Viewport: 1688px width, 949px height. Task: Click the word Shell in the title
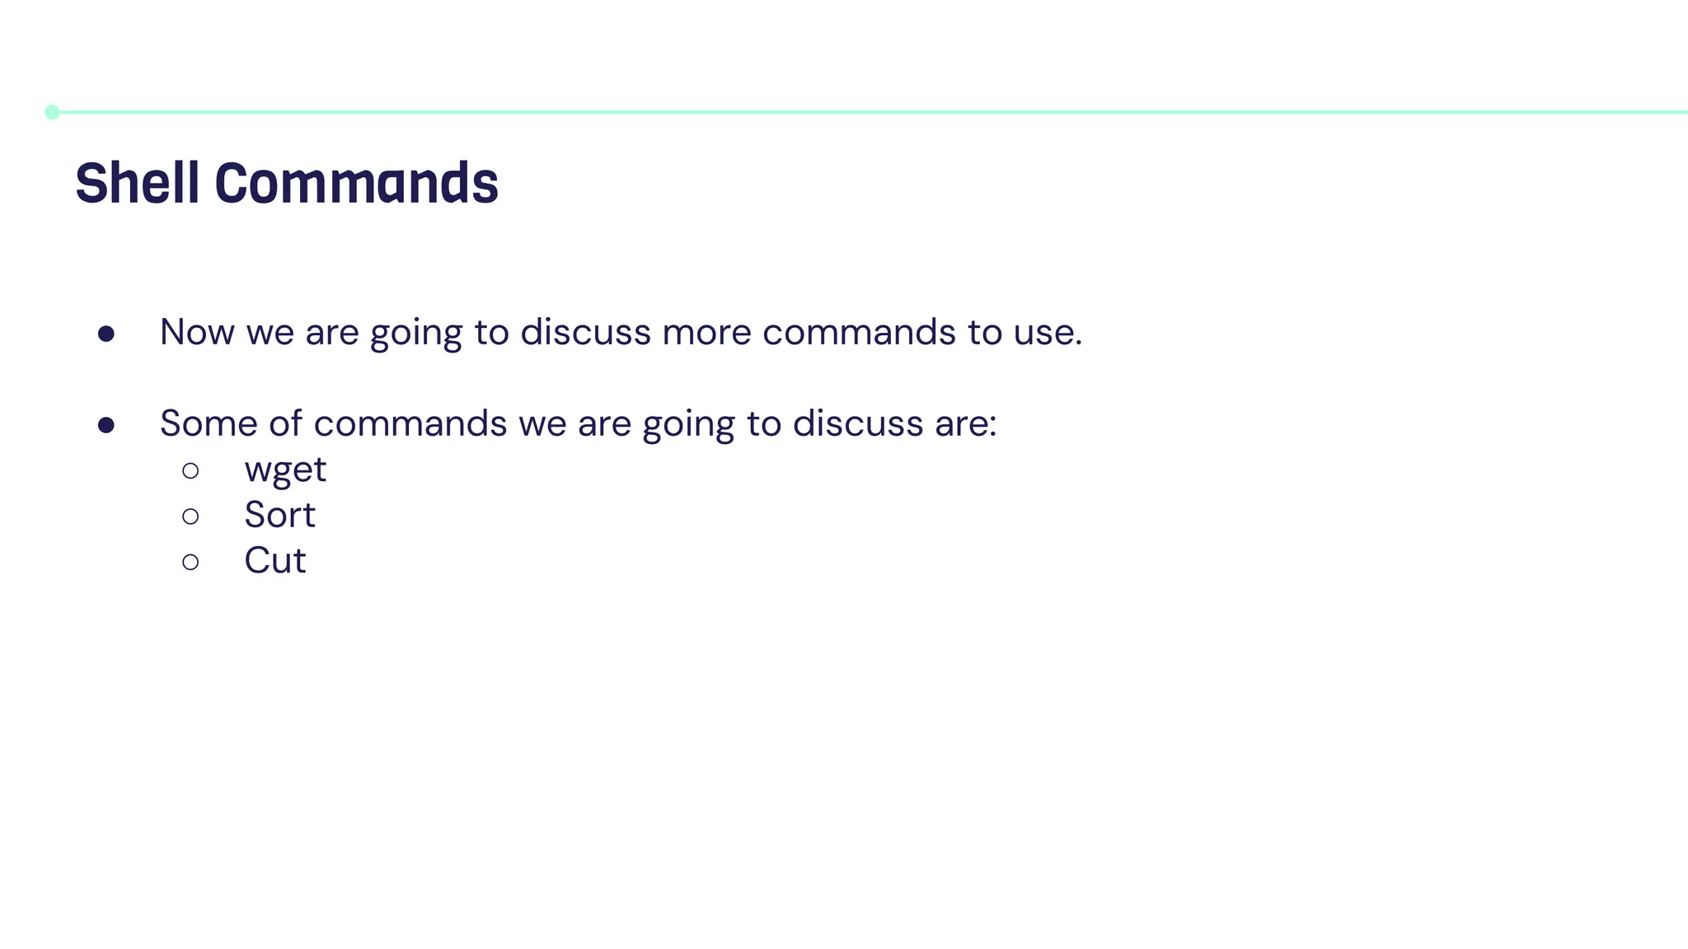tap(138, 182)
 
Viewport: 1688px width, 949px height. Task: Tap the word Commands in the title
tap(356, 182)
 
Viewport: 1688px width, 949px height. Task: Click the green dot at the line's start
tap(52, 112)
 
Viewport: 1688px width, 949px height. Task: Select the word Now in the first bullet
tap(197, 332)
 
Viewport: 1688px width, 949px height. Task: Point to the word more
tap(706, 332)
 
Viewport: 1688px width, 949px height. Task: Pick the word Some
tap(209, 423)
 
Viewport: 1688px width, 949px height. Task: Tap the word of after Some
tap(285, 423)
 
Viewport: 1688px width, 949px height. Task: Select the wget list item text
tap(285, 470)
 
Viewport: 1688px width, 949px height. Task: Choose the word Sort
tap(279, 516)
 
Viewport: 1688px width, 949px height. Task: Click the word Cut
tap(275, 561)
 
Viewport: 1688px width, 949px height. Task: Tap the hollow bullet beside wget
tap(190, 471)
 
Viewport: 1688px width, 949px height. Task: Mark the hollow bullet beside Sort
tap(190, 517)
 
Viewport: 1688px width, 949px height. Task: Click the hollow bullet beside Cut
tap(190, 562)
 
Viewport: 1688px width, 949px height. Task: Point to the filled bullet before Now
tap(105, 334)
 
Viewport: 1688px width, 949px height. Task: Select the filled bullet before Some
tap(105, 425)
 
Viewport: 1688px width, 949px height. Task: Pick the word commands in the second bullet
tap(410, 423)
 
